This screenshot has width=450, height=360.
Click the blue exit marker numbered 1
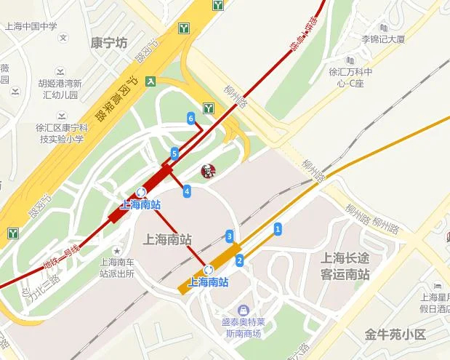[x=277, y=230]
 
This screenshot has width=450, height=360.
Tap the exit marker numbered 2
[x=238, y=260]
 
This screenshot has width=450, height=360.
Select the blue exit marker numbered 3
[x=229, y=236]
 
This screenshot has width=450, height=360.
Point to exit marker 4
[x=187, y=191]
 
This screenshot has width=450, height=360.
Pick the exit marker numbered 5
[x=174, y=153]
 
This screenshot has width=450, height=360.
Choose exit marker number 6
[x=190, y=118]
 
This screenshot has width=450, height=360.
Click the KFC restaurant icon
[x=208, y=172]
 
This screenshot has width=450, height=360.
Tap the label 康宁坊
[x=111, y=42]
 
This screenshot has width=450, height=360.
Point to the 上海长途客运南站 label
[x=345, y=265]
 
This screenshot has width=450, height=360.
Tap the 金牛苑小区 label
[x=395, y=335]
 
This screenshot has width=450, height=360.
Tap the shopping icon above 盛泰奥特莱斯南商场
[x=242, y=310]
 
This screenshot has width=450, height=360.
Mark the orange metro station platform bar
[x=211, y=267]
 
